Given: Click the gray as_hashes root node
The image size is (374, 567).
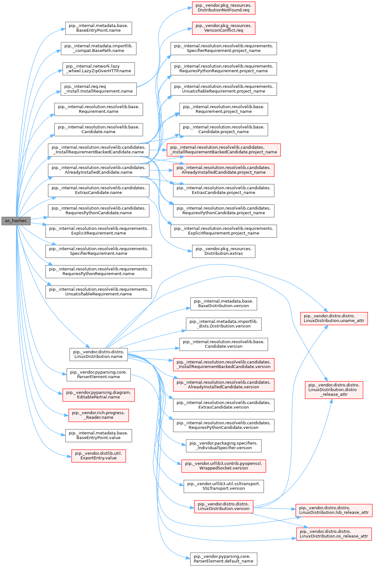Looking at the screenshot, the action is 16,221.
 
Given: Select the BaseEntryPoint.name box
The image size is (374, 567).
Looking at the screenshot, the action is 99,28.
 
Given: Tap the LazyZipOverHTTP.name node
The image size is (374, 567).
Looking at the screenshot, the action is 99,69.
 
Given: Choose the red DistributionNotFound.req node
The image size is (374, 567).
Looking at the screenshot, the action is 223,8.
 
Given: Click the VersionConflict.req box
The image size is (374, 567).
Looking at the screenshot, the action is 223,28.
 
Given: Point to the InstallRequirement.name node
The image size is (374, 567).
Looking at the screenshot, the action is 99,89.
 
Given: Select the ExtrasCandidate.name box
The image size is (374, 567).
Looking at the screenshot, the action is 99,190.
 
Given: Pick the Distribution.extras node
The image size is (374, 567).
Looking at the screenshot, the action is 223,251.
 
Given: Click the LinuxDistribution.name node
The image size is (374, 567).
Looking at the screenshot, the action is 99,354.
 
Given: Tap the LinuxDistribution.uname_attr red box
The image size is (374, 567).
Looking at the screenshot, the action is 334,319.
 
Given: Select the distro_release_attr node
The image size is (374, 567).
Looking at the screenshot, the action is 334,390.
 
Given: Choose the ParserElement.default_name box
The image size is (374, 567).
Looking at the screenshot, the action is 223,559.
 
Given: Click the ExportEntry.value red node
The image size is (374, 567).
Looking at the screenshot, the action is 99,456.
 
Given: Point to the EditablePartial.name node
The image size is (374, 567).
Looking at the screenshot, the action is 99,395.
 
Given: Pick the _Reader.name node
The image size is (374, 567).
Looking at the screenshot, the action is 99,415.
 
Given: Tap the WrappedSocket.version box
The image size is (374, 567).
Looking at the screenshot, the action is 223,466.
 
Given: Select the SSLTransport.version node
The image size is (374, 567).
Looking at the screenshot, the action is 223,486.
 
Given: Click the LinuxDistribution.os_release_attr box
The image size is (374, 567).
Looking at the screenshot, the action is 334,534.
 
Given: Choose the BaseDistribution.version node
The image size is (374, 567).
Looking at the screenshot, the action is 223,304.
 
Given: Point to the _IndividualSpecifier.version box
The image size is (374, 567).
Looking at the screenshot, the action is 223,446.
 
